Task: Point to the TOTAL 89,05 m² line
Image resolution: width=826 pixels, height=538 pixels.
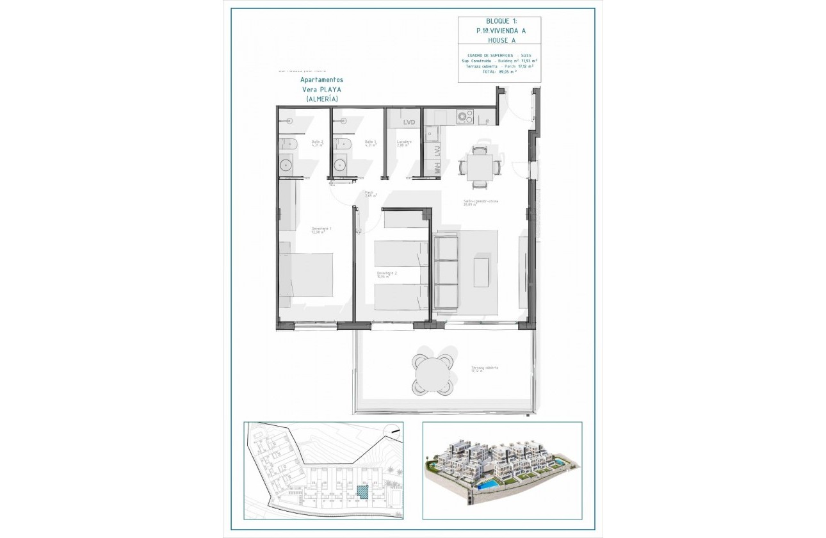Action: pyautogui.click(x=499, y=72)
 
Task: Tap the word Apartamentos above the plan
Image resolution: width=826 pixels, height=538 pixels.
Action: pyautogui.click(x=321, y=79)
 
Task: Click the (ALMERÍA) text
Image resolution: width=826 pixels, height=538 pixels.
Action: pyautogui.click(x=321, y=99)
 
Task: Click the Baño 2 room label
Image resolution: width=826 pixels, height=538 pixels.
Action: pyautogui.click(x=318, y=143)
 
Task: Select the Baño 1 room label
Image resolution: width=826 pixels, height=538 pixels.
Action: pyautogui.click(x=371, y=143)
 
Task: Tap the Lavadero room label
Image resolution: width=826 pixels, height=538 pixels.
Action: pyautogui.click(x=403, y=143)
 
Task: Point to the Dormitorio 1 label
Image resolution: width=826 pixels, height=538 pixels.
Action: pyautogui.click(x=321, y=230)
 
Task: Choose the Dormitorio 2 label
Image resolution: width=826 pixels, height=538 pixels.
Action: pyautogui.click(x=386, y=275)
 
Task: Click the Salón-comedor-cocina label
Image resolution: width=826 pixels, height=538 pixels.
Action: pyautogui.click(x=481, y=202)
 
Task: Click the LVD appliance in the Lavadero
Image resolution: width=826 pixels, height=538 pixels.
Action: pyautogui.click(x=409, y=122)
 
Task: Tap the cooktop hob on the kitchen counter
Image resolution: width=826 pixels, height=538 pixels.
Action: pyautogui.click(x=465, y=117)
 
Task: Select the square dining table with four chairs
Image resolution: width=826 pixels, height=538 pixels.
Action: pyautogui.click(x=480, y=167)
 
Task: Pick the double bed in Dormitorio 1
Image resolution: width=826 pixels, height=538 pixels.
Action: pyautogui.click(x=306, y=268)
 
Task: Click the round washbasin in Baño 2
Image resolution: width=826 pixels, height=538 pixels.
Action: pyautogui.click(x=286, y=166)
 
